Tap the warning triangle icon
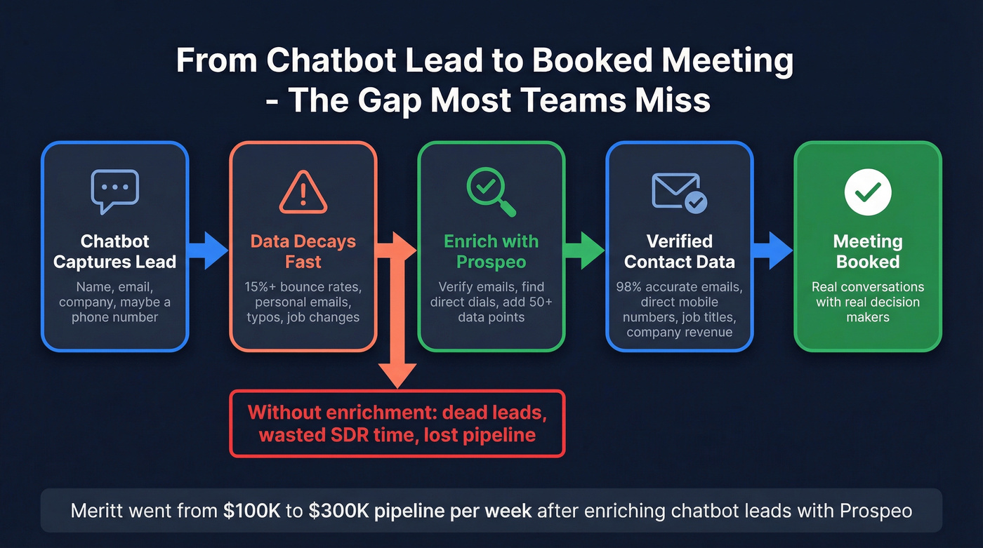click(x=303, y=192)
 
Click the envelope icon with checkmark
click(x=679, y=192)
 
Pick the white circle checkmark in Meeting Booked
click(x=868, y=192)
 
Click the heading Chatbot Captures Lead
click(x=115, y=251)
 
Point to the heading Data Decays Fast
click(x=303, y=251)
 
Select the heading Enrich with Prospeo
click(x=491, y=251)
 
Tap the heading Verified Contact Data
click(x=679, y=251)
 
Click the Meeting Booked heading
click(x=868, y=251)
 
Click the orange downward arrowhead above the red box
click(x=397, y=375)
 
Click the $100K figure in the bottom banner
click(x=249, y=510)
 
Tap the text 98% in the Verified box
click(x=630, y=287)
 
